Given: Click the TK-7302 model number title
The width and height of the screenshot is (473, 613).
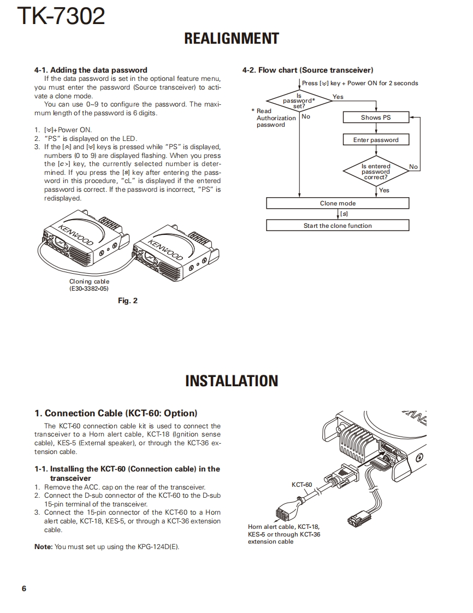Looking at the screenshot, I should [x=61, y=16].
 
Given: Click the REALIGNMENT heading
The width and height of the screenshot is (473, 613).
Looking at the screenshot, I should [x=232, y=39].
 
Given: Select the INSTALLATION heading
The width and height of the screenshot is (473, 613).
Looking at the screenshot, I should [x=232, y=381].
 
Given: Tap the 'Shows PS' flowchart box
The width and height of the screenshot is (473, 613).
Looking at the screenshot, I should [x=376, y=117].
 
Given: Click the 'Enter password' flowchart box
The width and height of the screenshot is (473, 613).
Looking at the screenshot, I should [x=376, y=140].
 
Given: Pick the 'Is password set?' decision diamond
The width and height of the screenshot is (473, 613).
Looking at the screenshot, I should [x=299, y=101].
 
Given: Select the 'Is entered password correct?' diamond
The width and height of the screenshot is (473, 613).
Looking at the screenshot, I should [x=376, y=172].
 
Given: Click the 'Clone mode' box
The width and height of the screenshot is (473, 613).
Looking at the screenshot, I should [x=338, y=203].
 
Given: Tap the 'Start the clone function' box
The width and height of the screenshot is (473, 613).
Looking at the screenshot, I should [x=338, y=226].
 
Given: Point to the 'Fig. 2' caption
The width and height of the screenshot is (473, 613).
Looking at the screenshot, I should [x=128, y=300].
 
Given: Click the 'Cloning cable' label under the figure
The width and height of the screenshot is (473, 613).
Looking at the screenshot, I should [x=89, y=282].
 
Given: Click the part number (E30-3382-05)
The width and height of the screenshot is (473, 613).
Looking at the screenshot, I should [x=89, y=288].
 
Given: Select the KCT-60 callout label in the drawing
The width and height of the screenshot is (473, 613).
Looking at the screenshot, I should [x=301, y=485].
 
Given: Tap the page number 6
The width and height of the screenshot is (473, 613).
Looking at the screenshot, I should [x=24, y=588].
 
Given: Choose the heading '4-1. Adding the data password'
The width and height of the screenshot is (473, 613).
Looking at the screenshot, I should [x=91, y=70].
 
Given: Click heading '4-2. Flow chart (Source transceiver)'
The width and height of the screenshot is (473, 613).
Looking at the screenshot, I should [x=308, y=70].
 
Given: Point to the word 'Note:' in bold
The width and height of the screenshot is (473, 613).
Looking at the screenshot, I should [x=44, y=547].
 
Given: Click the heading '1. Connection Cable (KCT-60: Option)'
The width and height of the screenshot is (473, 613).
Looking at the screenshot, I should [x=116, y=413].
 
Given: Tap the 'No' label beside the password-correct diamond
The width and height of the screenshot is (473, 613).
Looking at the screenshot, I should [x=413, y=167].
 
